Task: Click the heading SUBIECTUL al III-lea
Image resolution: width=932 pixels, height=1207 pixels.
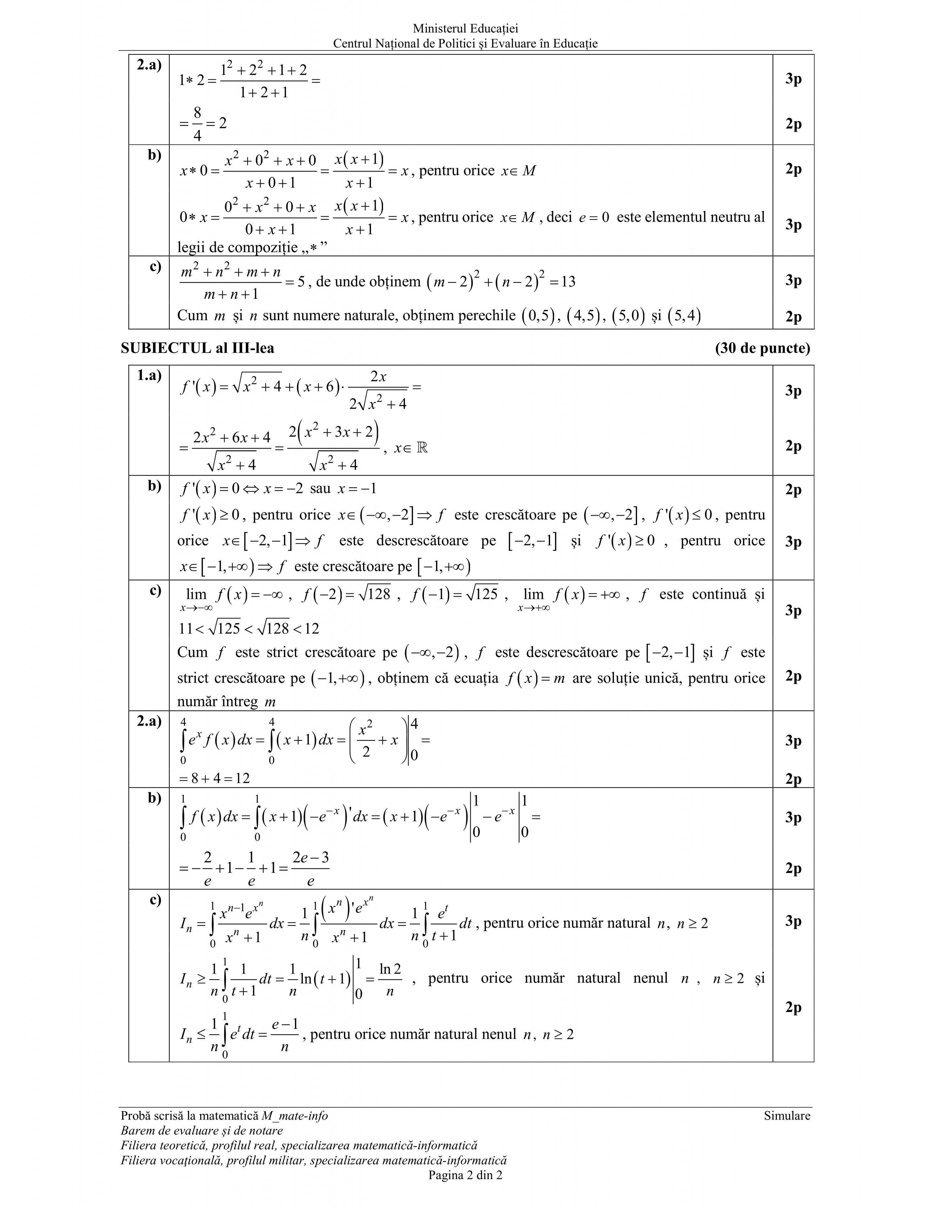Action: click(x=197, y=348)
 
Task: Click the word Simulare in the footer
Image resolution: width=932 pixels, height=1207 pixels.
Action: click(x=787, y=1116)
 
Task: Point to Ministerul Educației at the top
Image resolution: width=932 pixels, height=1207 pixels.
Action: click(x=465, y=29)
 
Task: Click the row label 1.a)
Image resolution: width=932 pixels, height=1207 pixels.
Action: click(x=149, y=376)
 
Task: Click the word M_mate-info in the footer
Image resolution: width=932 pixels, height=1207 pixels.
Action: click(x=294, y=1116)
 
